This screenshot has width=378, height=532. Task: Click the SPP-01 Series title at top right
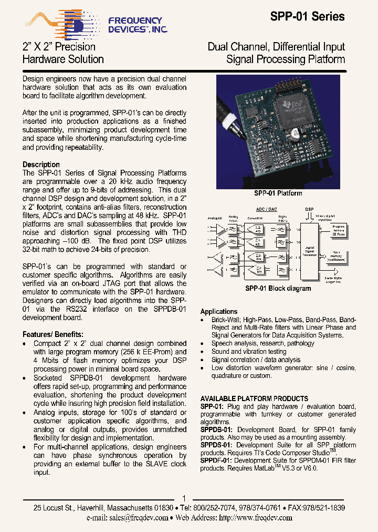[307, 17]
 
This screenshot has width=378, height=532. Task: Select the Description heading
[41, 165]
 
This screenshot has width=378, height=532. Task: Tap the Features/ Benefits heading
[52, 334]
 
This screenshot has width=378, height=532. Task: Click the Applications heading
[219, 311]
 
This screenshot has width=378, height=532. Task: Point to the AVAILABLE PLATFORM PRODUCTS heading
[254, 398]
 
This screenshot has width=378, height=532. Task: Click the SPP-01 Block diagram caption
[278, 288]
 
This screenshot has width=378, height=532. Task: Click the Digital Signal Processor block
[309, 251]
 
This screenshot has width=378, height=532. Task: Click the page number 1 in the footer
[184, 498]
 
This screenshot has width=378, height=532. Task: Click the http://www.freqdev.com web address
[255, 517]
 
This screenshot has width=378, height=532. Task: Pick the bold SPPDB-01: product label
[216, 429]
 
